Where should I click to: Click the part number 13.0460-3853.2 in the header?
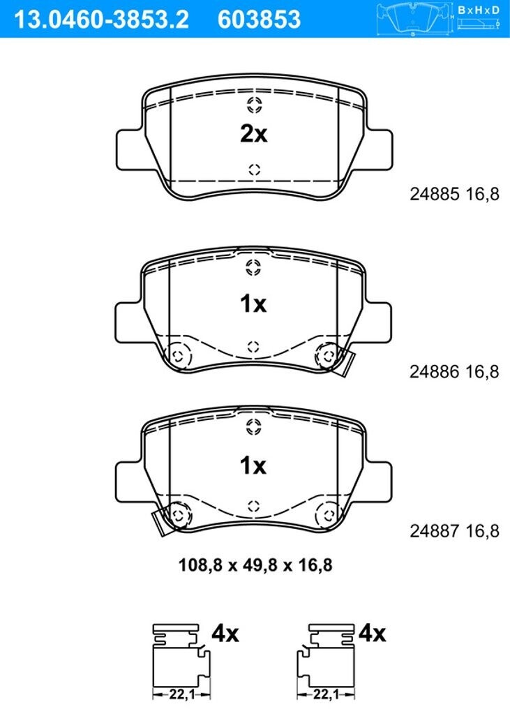(101, 20)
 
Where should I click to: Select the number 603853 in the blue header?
(259, 20)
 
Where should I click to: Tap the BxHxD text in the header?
(479, 10)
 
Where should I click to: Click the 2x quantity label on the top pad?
(254, 134)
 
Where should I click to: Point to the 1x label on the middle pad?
(253, 304)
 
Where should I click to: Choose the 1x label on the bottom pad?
(253, 465)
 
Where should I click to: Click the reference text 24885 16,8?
(454, 194)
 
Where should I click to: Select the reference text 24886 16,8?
(454, 372)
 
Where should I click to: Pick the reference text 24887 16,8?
(454, 531)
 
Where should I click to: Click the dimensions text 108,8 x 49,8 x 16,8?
(255, 565)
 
